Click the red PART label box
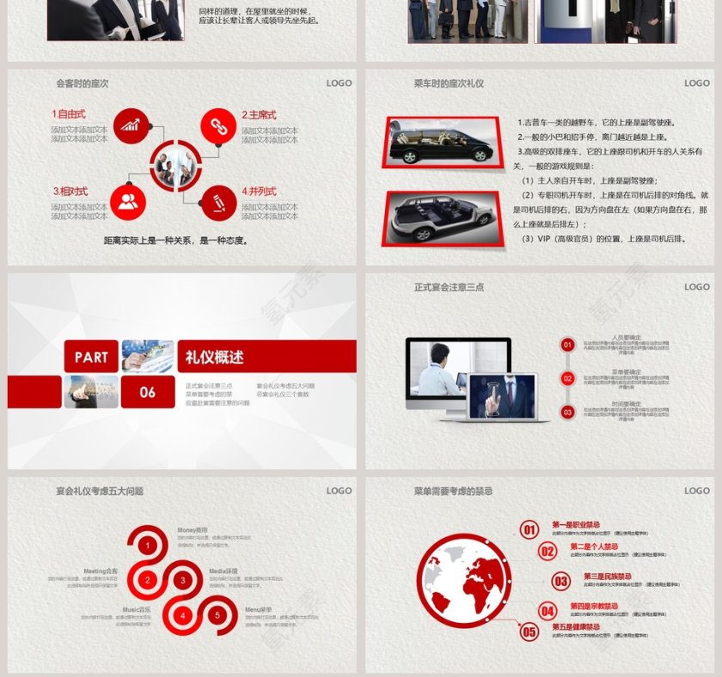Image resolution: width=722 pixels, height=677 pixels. coord(91,357)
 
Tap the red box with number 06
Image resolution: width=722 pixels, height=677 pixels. coord(148,392)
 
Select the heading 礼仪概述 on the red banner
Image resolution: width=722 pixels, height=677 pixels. coord(215,357)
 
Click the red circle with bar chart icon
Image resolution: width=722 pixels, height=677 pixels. coord(130,125)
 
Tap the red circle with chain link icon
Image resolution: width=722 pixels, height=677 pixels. coord(218,125)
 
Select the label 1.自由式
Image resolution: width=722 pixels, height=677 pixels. coord(69,113)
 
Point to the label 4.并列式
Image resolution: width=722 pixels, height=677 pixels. coord(259,191)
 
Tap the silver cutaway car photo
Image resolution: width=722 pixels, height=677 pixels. coord(442,217)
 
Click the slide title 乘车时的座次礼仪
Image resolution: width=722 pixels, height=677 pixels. coord(449,83)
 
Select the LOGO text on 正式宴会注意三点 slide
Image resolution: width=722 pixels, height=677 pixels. coord(697,287)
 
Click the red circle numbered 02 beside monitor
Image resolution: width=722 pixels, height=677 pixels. coord(567,378)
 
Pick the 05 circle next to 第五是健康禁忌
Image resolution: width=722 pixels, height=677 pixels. coord(529,632)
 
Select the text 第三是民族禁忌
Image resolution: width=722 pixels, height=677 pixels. coord(608,576)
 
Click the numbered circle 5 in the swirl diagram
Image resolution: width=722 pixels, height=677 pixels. coord(217,615)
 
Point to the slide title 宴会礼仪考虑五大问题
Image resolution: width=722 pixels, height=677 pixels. coord(100,491)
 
